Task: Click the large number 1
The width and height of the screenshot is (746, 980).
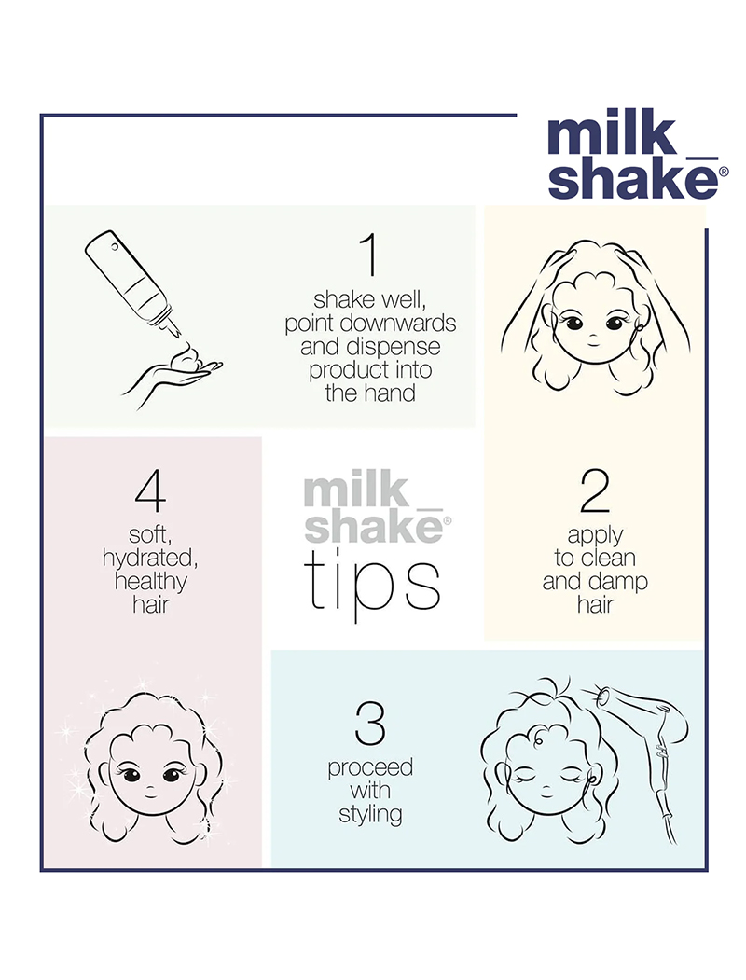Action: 370,255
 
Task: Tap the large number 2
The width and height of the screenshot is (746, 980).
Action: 595,490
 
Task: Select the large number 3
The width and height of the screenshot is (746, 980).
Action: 369,724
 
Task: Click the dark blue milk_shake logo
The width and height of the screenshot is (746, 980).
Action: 637,154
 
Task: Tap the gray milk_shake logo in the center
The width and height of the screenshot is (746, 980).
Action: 377,508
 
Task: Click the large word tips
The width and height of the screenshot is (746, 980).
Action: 372,585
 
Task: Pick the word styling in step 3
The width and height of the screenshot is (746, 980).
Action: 370,814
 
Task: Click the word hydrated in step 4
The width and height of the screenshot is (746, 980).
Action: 150,559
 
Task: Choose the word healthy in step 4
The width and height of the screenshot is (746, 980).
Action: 150,581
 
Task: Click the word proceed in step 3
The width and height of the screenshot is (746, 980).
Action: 370,768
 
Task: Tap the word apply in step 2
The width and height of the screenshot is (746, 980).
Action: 595,535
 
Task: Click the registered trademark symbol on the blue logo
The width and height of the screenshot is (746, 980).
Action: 724,172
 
